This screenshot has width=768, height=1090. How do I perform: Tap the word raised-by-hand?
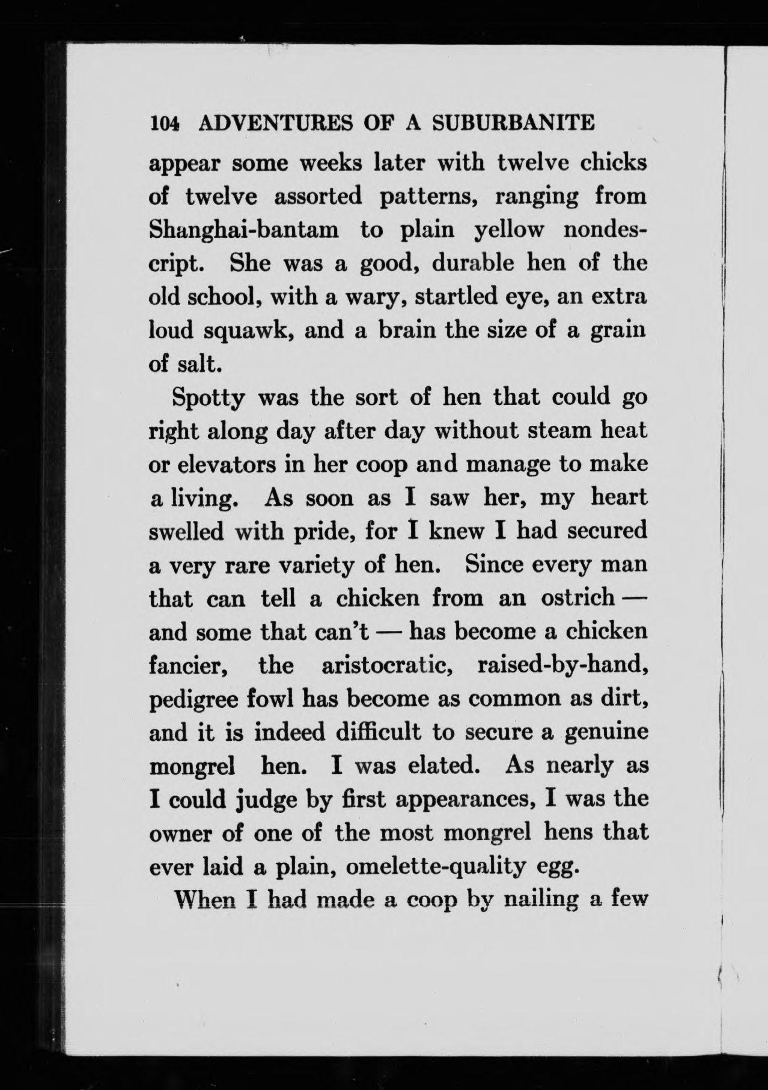click(x=561, y=666)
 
